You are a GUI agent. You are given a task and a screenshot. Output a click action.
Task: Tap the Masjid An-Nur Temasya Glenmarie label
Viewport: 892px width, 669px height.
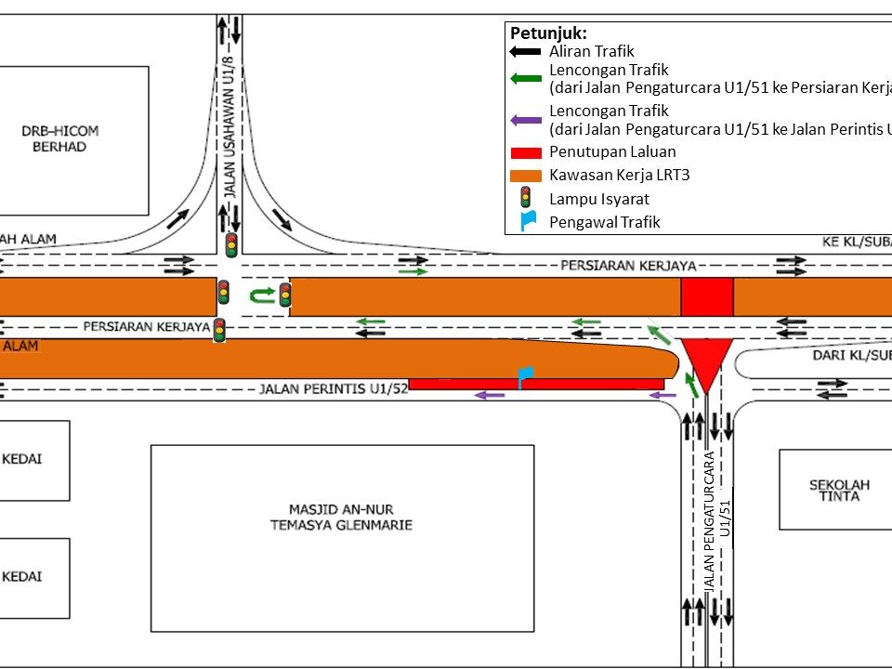342,516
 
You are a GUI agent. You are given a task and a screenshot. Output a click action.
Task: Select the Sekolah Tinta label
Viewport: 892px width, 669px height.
833,490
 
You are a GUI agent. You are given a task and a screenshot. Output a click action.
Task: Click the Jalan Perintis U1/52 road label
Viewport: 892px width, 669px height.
334,388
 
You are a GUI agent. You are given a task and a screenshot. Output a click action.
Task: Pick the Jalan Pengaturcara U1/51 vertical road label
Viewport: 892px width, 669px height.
717,520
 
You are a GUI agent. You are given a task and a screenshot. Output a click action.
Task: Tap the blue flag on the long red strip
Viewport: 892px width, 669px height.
526,376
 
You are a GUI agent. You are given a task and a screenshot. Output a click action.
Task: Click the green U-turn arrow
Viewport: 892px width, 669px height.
261,295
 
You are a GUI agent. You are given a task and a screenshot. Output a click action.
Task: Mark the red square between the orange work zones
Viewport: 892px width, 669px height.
707,296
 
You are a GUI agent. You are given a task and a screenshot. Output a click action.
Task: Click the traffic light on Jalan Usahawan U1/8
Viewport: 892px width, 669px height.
230,245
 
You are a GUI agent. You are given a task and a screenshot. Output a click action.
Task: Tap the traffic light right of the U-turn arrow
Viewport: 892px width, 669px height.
285,295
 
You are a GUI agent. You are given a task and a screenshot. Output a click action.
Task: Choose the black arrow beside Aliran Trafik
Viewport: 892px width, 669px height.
526,52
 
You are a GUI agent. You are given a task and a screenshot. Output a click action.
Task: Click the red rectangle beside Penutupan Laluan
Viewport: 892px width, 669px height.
526,151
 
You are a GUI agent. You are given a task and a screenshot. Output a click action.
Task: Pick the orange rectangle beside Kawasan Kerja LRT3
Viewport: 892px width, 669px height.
526,174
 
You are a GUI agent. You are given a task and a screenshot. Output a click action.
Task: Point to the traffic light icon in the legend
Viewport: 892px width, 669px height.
525,197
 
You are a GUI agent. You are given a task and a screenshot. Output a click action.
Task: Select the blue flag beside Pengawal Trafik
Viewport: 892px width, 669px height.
527,221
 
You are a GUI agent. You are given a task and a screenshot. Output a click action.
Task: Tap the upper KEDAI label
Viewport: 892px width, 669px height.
24,458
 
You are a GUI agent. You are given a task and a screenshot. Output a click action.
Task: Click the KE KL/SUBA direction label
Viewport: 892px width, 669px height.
855,241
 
